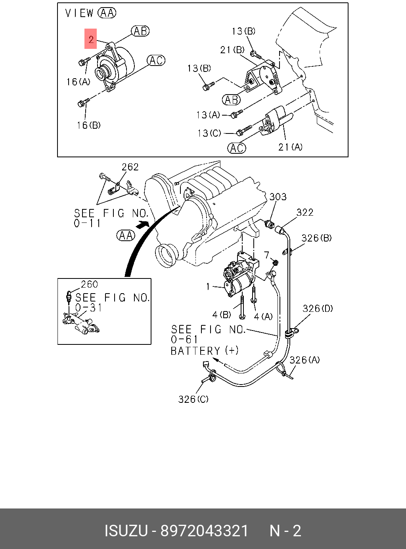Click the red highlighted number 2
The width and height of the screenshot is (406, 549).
coord(91,39)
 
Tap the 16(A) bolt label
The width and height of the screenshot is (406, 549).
coord(79,82)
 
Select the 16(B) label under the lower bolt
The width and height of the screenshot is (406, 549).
coord(88,125)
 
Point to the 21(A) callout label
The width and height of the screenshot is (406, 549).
coord(290,147)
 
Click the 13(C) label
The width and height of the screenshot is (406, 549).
coord(209,133)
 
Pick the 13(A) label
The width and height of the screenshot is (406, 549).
coord(208,115)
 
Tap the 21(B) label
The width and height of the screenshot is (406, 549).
coord(232,50)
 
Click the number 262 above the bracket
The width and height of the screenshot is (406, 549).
coord(130,167)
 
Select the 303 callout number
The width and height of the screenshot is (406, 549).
coord(278,197)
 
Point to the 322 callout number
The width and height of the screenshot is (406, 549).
coord(305,213)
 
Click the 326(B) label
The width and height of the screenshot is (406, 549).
coord(316,238)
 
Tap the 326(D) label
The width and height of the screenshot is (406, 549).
coord(318,309)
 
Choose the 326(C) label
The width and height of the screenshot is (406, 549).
coord(193,399)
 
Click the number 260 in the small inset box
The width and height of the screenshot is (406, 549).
coord(90,284)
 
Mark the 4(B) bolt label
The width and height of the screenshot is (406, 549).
coord(222,315)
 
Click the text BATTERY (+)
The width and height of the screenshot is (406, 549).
coord(205,351)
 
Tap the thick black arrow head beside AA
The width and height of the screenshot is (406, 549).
coord(143,225)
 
